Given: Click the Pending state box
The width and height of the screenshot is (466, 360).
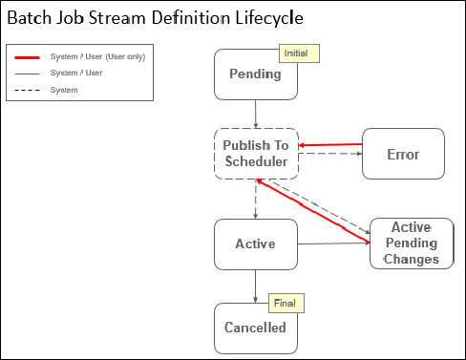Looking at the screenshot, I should click(256, 75).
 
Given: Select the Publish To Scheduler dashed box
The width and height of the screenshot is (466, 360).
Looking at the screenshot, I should click(256, 153).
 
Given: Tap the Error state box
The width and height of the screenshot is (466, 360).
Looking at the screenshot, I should click(403, 154).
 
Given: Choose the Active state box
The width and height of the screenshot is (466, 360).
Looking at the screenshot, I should click(256, 244).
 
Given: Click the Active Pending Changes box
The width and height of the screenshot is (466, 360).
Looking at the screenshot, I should click(411, 244).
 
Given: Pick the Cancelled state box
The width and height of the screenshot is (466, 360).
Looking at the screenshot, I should click(256, 328).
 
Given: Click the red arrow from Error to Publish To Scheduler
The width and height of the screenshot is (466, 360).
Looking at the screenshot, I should click(330, 145).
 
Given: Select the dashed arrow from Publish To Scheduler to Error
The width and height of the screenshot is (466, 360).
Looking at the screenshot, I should click(330, 163).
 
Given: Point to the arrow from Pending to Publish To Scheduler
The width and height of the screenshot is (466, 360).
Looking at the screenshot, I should click(256, 114).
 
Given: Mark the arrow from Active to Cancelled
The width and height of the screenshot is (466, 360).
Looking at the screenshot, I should click(256, 286).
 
